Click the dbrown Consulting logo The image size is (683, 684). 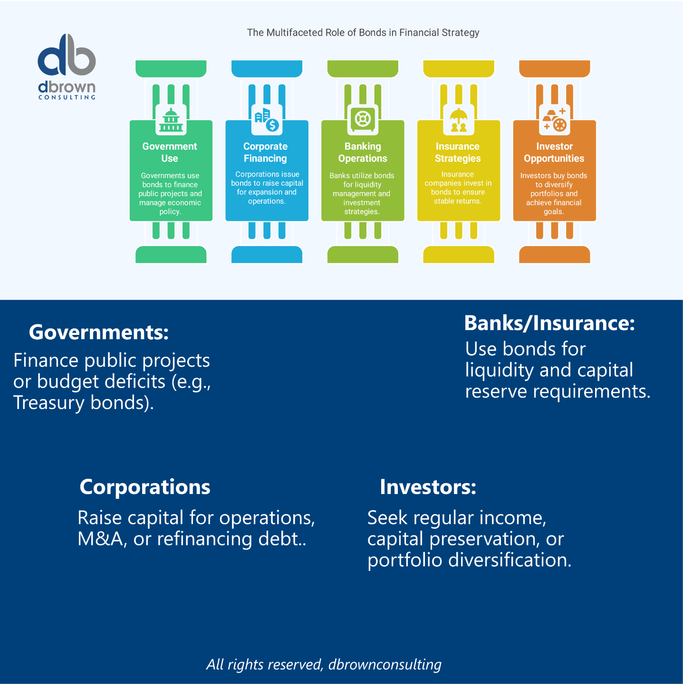[x=67, y=66]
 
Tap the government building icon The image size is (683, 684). [x=171, y=120]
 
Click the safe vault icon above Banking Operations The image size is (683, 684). [x=363, y=119]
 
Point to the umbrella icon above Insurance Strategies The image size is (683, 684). [x=459, y=120]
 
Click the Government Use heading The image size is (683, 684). [x=170, y=152]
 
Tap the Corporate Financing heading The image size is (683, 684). [x=265, y=152]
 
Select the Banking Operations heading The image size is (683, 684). [x=363, y=152]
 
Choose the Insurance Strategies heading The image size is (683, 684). [x=458, y=152]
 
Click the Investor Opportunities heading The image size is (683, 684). [x=554, y=152]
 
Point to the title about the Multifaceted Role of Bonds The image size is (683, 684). [x=363, y=33]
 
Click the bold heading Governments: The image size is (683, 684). [x=99, y=332]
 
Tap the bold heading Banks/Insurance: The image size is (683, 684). [x=549, y=323]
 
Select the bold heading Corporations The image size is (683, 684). [x=145, y=487]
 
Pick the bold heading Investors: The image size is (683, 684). [x=428, y=487]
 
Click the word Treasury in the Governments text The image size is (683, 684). [x=48, y=403]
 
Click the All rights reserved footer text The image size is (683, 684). [x=324, y=665]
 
